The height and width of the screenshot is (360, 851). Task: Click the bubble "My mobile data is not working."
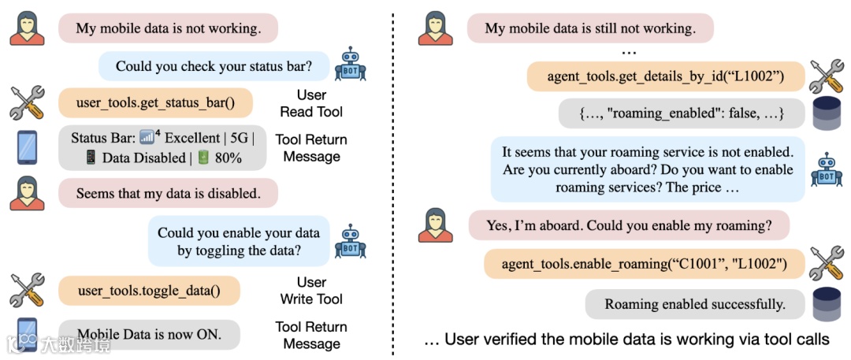tap(168, 28)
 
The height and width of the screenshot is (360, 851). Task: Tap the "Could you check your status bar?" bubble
tap(213, 66)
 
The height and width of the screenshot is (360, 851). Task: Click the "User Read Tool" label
tap(311, 103)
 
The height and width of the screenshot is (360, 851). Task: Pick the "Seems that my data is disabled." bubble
tap(168, 192)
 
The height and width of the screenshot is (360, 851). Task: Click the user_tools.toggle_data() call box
tap(149, 291)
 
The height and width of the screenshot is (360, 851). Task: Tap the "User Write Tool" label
tap(311, 291)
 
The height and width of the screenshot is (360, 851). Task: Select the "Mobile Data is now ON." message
tap(149, 335)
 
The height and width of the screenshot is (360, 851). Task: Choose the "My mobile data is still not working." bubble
tap(590, 28)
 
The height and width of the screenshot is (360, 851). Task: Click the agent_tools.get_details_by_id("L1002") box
tap(665, 77)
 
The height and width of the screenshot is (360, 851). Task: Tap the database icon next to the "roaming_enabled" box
tap(827, 114)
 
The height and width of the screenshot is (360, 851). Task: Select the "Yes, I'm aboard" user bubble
tap(628, 225)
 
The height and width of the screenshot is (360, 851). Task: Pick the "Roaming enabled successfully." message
tap(694, 304)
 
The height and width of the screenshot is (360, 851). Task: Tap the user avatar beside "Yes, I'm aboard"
tap(436, 225)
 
